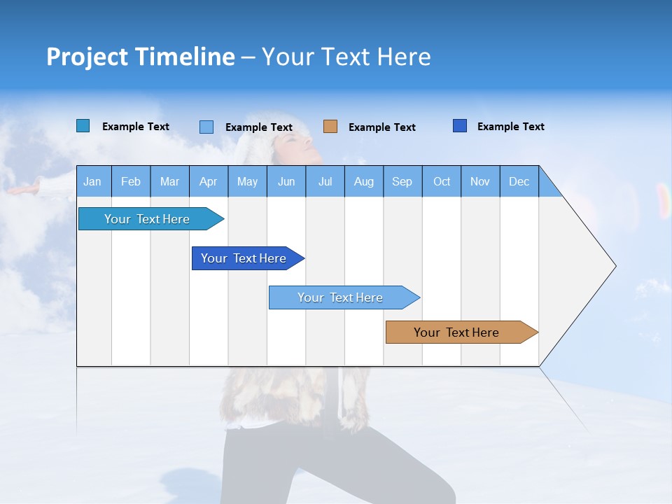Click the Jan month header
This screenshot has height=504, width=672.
[92, 181]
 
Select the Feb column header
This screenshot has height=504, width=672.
[131, 181]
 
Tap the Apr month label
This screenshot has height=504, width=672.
[208, 181]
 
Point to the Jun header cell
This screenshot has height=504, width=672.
[286, 181]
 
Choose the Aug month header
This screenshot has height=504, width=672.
[363, 181]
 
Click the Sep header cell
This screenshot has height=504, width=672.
[402, 181]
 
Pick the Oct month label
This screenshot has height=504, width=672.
[442, 181]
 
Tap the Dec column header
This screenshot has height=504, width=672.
[519, 181]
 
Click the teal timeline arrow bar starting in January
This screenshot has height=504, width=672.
[148, 219]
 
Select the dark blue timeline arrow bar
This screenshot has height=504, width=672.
[244, 258]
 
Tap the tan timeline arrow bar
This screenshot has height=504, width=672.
[458, 332]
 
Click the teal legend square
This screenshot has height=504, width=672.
[83, 126]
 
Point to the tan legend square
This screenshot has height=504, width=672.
[330, 127]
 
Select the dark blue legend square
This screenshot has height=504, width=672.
[460, 126]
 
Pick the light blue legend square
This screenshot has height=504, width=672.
[206, 127]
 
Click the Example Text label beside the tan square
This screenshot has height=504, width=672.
[381, 127]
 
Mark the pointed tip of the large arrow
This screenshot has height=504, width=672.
[615, 266]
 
